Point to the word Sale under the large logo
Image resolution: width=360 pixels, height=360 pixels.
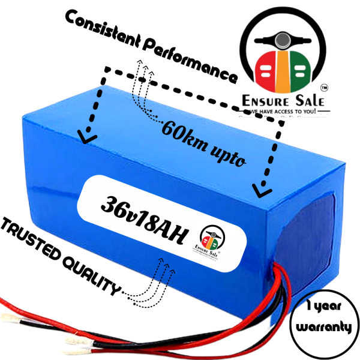tap(307, 100)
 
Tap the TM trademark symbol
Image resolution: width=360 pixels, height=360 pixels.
tap(325, 87)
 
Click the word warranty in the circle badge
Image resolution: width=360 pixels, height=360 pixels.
tap(323, 326)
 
